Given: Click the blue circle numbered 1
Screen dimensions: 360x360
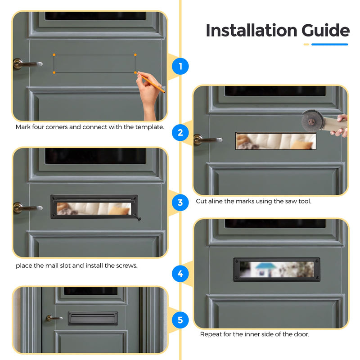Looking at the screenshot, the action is point(180,66).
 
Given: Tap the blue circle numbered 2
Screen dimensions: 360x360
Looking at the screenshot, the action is point(180,133).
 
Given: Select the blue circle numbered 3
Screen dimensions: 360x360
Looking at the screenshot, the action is point(180,202).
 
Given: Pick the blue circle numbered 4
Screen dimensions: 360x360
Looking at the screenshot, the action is point(180,274).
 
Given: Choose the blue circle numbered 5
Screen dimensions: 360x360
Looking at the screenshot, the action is point(180,320).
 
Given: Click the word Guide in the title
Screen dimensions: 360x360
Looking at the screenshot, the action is point(325,30).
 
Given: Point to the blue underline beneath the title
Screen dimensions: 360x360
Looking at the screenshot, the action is point(330,44).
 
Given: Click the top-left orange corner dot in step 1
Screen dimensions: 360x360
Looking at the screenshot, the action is point(54,54).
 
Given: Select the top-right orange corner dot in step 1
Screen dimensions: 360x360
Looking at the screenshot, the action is point(135,54).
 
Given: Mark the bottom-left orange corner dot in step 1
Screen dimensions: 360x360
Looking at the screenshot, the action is point(54,72).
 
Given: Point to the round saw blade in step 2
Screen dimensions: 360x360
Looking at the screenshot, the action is point(312,121).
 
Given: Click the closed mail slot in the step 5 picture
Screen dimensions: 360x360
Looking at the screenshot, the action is point(93,318).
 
